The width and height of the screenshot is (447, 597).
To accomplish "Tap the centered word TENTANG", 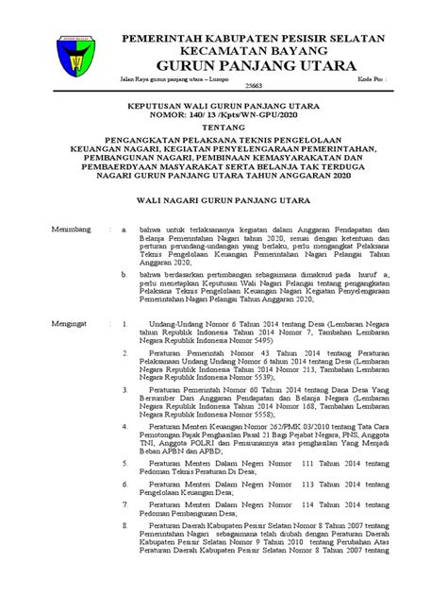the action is (x=223, y=149).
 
